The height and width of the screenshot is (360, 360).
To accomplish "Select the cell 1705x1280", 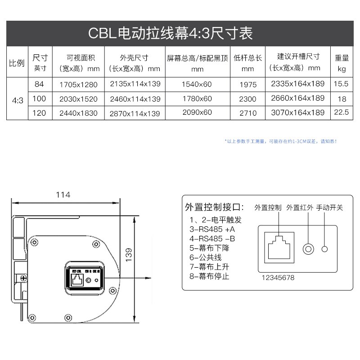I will (x=78, y=84).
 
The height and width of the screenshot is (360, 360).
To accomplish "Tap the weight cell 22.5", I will (x=342, y=112).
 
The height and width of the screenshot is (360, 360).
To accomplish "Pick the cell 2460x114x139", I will (x=135, y=99).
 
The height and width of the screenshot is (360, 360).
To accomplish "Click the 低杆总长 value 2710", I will (x=248, y=113).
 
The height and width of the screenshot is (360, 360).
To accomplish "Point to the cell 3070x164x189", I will (x=297, y=113).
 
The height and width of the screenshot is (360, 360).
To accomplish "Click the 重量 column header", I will (x=342, y=63).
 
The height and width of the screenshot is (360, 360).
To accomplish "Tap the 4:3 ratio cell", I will (x=17, y=99).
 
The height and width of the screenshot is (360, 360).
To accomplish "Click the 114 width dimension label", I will (x=63, y=195).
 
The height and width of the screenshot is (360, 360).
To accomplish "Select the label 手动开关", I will (x=329, y=207).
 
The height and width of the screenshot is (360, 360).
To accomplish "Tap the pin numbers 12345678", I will (x=278, y=278).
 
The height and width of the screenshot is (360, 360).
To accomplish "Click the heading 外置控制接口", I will (x=214, y=207).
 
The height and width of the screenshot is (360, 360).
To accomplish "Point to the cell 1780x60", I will (x=197, y=99).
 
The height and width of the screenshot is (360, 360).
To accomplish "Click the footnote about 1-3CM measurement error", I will (x=280, y=141).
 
